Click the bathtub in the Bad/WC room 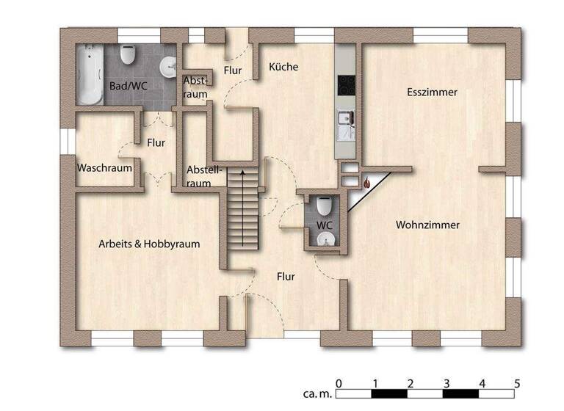pyautogui.click(x=90, y=73)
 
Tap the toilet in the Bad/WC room pyautogui.click(x=127, y=56)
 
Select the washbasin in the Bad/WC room pyautogui.click(x=169, y=67)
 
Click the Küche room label pyautogui.click(x=283, y=67)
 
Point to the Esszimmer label pyautogui.click(x=433, y=92)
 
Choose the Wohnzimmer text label pyautogui.click(x=427, y=225)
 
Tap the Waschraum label pyautogui.click(x=104, y=167)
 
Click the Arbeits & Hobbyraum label pyautogui.click(x=149, y=244)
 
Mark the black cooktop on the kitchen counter pyautogui.click(x=345, y=85)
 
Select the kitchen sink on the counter pyautogui.click(x=344, y=117)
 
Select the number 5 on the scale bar pyautogui.click(x=517, y=383)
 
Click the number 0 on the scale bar pyautogui.click(x=338, y=383)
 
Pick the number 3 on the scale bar pyautogui.click(x=446, y=383)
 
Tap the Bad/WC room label pyautogui.click(x=129, y=86)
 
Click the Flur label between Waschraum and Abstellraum pyautogui.click(x=156, y=142)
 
